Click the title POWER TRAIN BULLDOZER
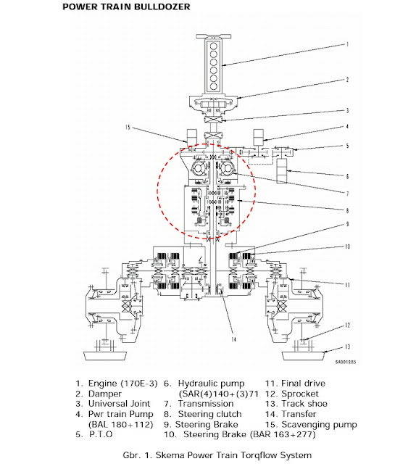point(126,7)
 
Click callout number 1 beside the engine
point(347,44)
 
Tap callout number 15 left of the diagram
point(128,128)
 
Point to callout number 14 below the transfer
point(234,339)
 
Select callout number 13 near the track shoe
point(347,347)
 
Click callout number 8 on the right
point(347,211)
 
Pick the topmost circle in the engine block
point(213,46)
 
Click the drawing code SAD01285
point(346,362)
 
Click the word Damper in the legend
point(105,394)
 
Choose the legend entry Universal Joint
point(120,404)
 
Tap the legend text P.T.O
point(101,434)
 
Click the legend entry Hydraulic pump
point(211,384)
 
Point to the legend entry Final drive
point(303,384)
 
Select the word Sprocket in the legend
point(300,394)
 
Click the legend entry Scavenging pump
point(320,425)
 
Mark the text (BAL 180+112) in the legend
point(121,425)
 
